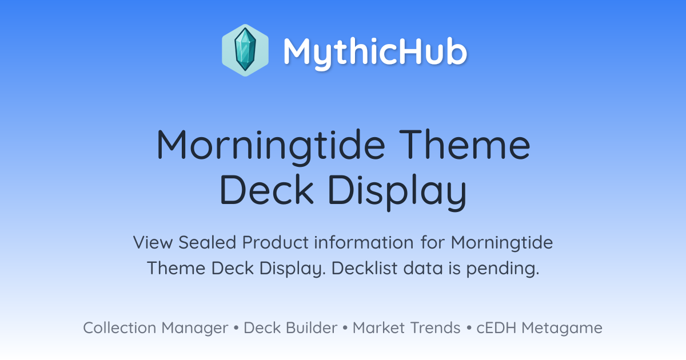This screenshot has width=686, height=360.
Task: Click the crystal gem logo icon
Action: pos(245,50)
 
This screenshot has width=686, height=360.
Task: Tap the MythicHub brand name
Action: pos(375,53)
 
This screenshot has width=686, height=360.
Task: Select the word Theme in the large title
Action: pos(465,145)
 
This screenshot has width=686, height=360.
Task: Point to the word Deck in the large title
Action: pos(266,189)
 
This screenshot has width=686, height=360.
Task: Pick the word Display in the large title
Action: pos(397,192)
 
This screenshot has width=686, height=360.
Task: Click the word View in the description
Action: pos(153,242)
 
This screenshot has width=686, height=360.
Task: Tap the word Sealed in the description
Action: pos(207,242)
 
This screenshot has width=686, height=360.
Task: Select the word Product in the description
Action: pos(276,242)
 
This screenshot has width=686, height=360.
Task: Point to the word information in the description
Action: pos(364,242)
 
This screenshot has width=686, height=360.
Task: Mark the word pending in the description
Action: pos(502,269)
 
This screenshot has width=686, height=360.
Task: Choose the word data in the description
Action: pos(423,268)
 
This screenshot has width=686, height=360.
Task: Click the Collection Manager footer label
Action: pos(155,328)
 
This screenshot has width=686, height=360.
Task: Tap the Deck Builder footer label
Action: pos(290,327)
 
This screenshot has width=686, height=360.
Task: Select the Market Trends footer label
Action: pos(406,327)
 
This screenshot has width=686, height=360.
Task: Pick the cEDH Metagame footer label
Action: pos(539,328)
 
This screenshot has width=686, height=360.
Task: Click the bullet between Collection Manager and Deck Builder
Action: pos(236,328)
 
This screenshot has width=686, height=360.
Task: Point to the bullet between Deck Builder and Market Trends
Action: pos(345,328)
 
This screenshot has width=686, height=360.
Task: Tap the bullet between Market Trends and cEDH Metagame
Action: pos(469,328)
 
